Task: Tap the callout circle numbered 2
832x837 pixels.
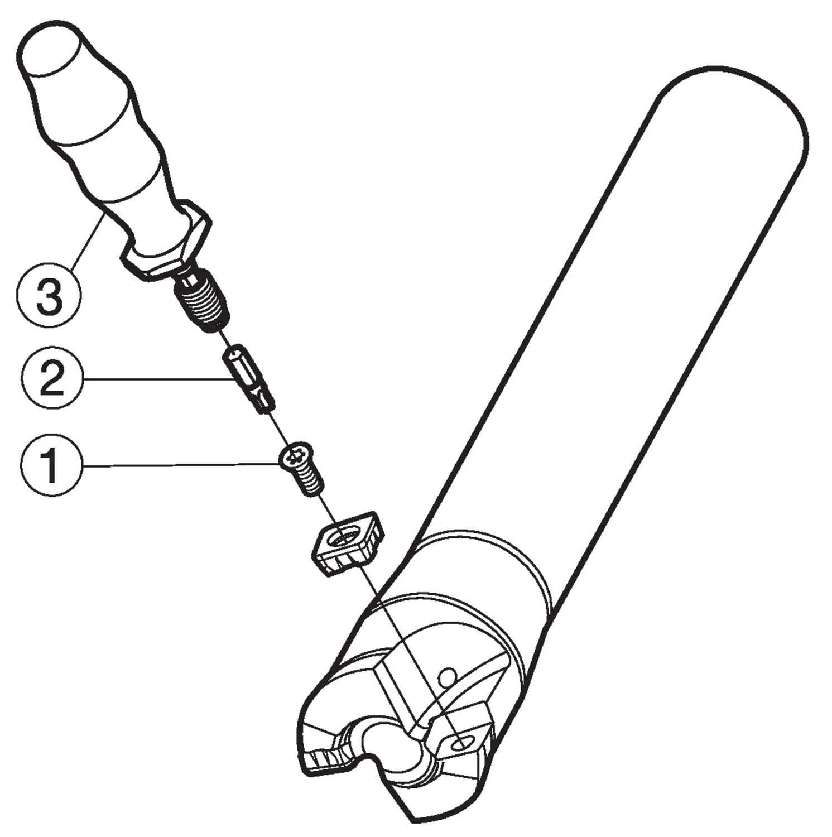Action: click(x=52, y=379)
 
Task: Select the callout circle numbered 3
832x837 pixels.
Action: click(x=49, y=296)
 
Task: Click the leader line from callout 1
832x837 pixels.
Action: click(x=181, y=464)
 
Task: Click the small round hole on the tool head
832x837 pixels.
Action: click(x=445, y=679)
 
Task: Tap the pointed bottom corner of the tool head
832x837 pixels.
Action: click(x=413, y=820)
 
